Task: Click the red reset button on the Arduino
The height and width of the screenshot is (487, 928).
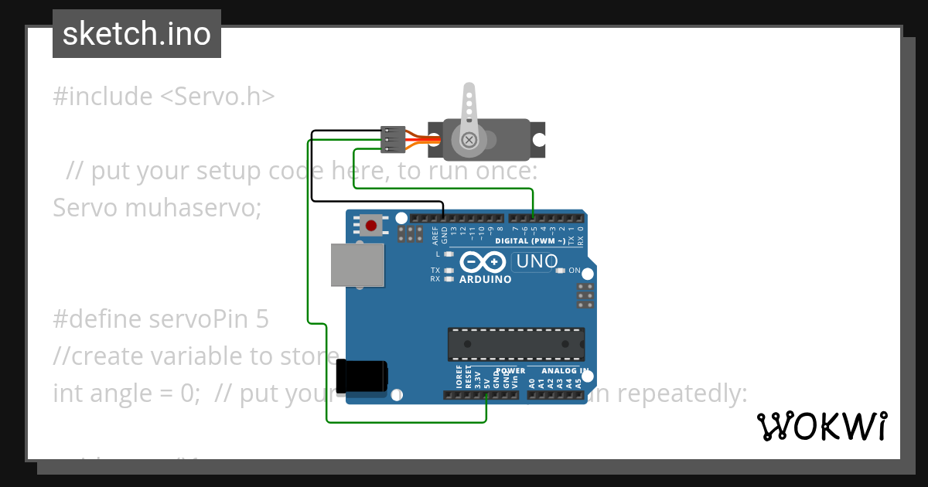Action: click(371, 226)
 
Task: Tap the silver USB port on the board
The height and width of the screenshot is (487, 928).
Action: click(357, 265)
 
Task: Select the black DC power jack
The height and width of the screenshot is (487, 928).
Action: click(361, 376)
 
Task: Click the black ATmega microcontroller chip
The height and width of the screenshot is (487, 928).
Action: click(516, 344)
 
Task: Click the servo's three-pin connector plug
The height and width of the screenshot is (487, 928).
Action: click(393, 140)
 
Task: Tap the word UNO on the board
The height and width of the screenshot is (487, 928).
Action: click(537, 261)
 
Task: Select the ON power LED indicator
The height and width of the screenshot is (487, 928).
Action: click(561, 271)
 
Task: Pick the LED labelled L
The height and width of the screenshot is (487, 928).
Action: click(449, 254)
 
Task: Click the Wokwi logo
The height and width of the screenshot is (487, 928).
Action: click(821, 426)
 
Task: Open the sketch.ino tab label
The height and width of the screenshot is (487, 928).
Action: click(137, 34)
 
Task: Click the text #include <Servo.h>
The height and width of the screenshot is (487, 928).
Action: click(163, 97)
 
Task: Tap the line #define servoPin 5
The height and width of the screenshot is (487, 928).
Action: click(161, 318)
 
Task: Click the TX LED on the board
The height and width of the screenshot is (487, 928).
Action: click(449, 271)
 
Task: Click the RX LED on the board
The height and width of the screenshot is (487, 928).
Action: click(449, 278)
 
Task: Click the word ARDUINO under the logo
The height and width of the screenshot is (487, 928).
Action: click(485, 279)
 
